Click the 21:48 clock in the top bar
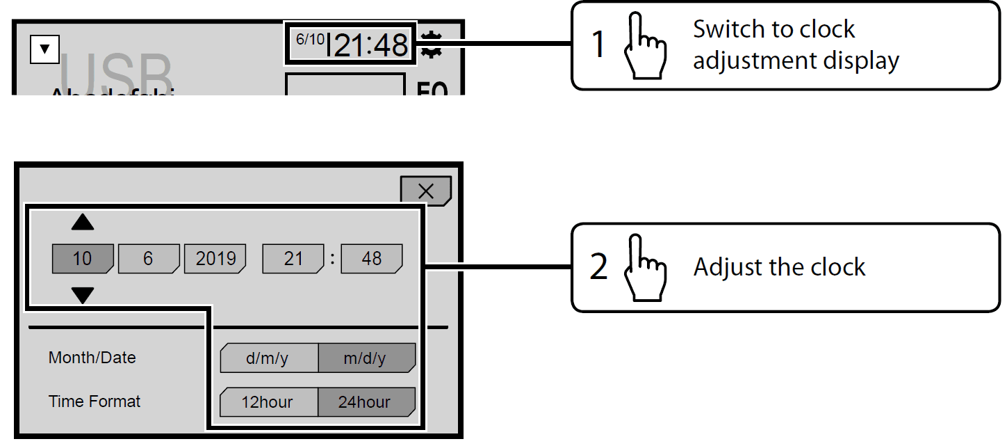click(x=371, y=46)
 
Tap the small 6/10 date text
click(x=310, y=39)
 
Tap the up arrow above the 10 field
click(x=83, y=223)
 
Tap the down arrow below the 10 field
click(x=83, y=296)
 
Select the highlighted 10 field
click(x=82, y=259)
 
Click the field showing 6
click(x=148, y=259)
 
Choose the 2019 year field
click(x=215, y=259)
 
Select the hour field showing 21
click(x=293, y=259)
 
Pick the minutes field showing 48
click(x=372, y=259)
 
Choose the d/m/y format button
click(x=268, y=358)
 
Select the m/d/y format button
click(x=366, y=358)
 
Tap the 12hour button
click(x=268, y=402)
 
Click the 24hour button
click(x=366, y=402)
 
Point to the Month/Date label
click(x=92, y=358)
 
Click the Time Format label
click(x=95, y=401)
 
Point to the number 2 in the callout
click(x=598, y=268)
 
